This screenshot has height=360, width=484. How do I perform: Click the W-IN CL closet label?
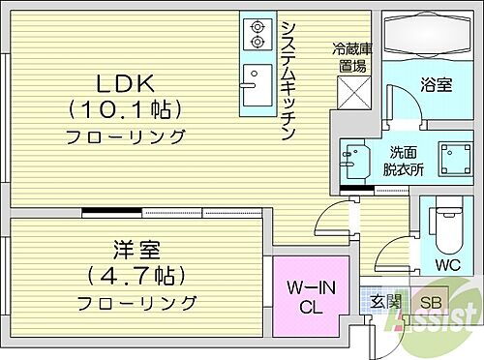pyautogui.click(x=309, y=295)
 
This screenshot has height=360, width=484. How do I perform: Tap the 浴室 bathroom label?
pyautogui.click(x=437, y=85)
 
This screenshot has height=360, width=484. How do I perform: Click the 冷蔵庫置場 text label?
pyautogui.click(x=349, y=57)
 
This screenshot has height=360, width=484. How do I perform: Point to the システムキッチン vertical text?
pyautogui.click(x=287, y=82)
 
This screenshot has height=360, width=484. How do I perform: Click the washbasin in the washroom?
pyautogui.click(x=354, y=160)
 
